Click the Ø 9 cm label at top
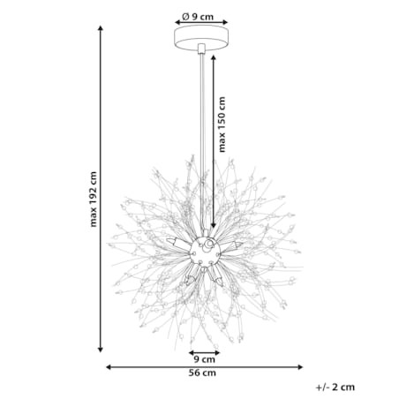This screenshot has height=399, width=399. coord(198,17)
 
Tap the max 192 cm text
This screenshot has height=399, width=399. coord(94,199)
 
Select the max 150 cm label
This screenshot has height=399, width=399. coord(222,124)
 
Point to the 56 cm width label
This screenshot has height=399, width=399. coord(202,373)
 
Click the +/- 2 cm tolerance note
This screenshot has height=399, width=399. coord(335,388)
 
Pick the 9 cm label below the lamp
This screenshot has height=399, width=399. coord(205,359)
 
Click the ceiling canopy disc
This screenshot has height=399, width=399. coord(201,38)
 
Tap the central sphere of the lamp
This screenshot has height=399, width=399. coord(205,251)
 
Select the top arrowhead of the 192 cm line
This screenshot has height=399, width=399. coord(101,28)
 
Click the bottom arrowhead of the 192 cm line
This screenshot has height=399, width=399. coord(101,350)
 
